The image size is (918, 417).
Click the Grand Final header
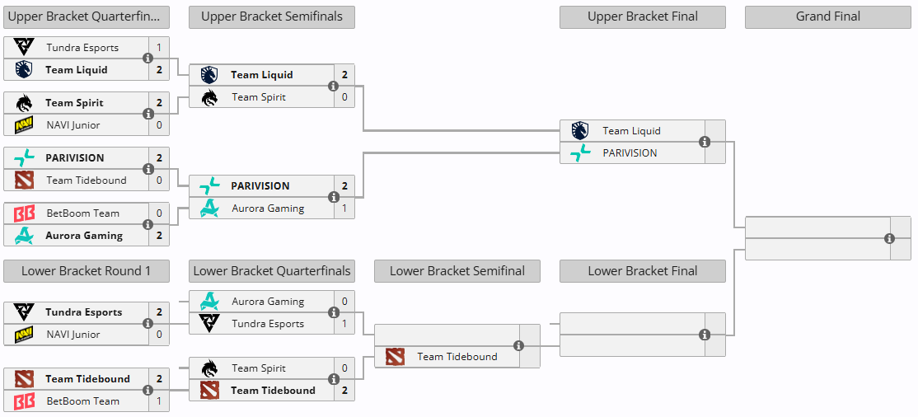pos(828,17)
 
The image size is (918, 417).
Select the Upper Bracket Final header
pos(642,17)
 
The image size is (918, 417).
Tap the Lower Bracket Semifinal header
pos(457,271)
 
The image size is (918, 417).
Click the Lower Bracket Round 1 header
pos(86,271)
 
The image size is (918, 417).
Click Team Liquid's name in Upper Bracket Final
pos(632,131)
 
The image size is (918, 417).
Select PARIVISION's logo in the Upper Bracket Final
pos(580,153)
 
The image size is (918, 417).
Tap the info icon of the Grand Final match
pos(890,238)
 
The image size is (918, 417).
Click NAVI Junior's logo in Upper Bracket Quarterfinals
pos(24,125)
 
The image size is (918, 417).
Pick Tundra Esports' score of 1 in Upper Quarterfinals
pos(159,48)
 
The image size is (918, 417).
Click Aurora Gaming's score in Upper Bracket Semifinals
pos(344,208)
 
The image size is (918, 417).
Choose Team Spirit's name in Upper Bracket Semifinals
pos(259,97)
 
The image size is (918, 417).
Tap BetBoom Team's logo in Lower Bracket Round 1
pos(24,401)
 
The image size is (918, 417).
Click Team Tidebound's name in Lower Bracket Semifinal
pos(457,357)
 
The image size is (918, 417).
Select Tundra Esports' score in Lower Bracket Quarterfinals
pos(344,324)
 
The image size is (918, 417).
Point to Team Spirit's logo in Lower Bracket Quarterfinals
pos(209,368)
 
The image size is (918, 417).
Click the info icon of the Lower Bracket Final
pos(705,335)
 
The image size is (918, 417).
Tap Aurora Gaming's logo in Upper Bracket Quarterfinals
pos(24,236)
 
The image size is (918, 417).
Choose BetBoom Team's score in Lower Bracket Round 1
pos(159,401)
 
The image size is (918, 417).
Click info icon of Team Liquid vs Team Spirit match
pos(333,86)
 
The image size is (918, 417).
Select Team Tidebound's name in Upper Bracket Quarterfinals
pos(87,180)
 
